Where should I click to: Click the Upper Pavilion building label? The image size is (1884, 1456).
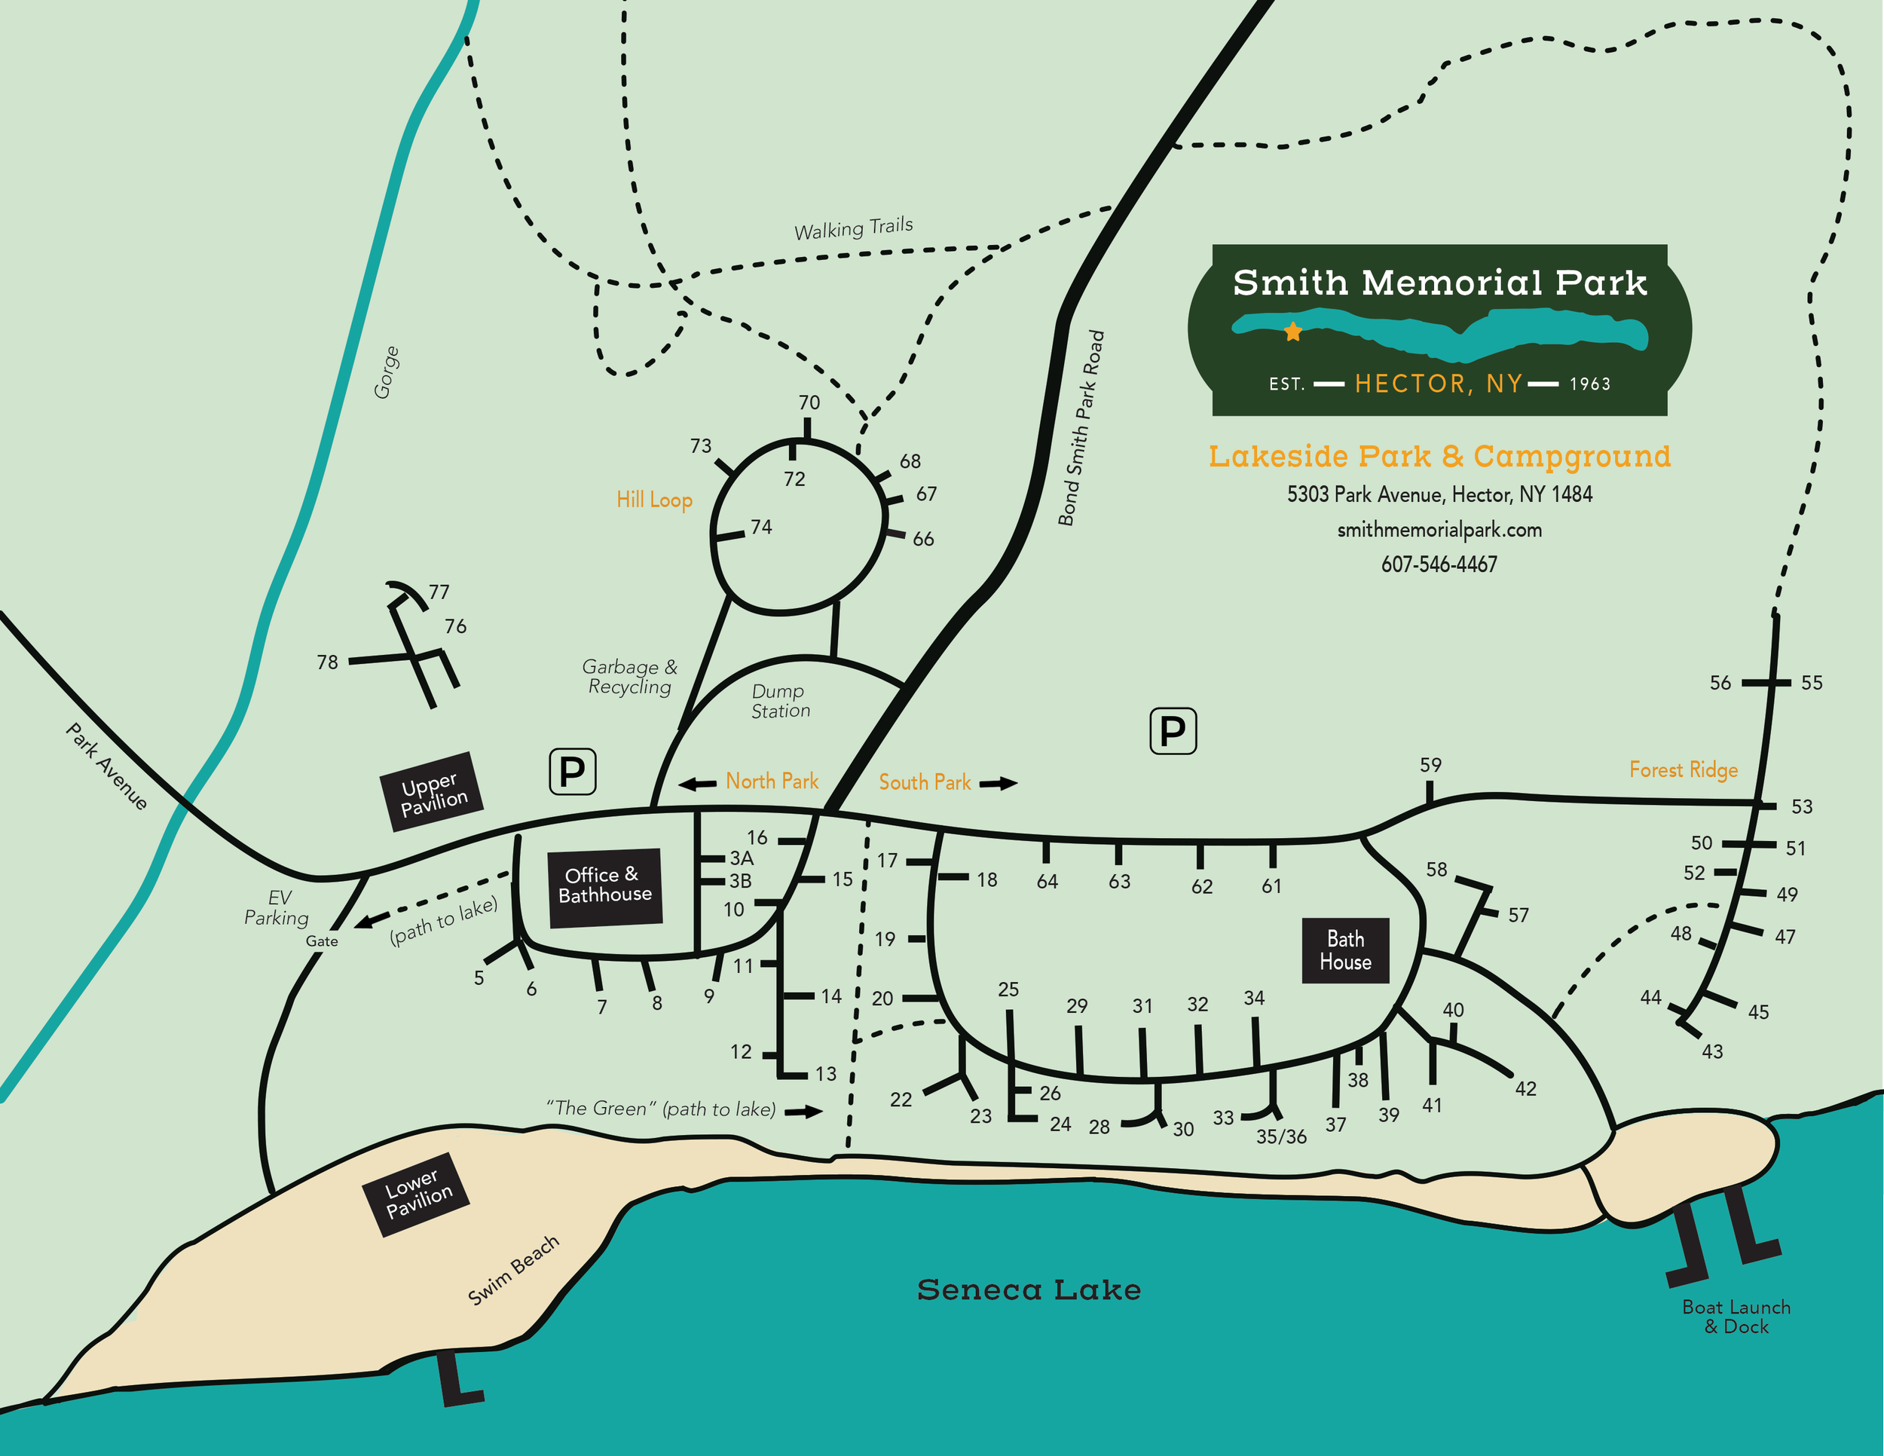[x=431, y=792]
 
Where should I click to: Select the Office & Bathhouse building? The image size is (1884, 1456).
[x=604, y=887]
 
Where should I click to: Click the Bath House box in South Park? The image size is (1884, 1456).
[x=1345, y=950]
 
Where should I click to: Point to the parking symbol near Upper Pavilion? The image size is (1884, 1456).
[x=572, y=771]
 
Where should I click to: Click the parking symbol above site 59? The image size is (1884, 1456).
[x=1173, y=732]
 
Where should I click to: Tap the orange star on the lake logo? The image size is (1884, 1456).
[x=1292, y=332]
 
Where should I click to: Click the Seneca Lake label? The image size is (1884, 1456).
[x=1028, y=1289]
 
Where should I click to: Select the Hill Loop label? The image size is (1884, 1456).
[x=654, y=500]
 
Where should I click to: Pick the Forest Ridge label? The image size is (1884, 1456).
[x=1683, y=769]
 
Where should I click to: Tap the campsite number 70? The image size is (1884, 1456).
[x=809, y=403]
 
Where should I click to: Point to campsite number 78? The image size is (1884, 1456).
[x=327, y=662]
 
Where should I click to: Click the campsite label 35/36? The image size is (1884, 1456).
[x=1281, y=1137]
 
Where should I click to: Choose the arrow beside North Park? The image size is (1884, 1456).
[x=697, y=783]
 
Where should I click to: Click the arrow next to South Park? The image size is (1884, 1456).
[x=998, y=783]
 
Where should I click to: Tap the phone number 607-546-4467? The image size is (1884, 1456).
[x=1439, y=564]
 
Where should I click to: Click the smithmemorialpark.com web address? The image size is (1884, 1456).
[x=1439, y=530]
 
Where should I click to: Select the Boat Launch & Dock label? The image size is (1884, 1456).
[x=1736, y=1317]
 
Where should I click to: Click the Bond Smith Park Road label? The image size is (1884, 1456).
[x=1081, y=428]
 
